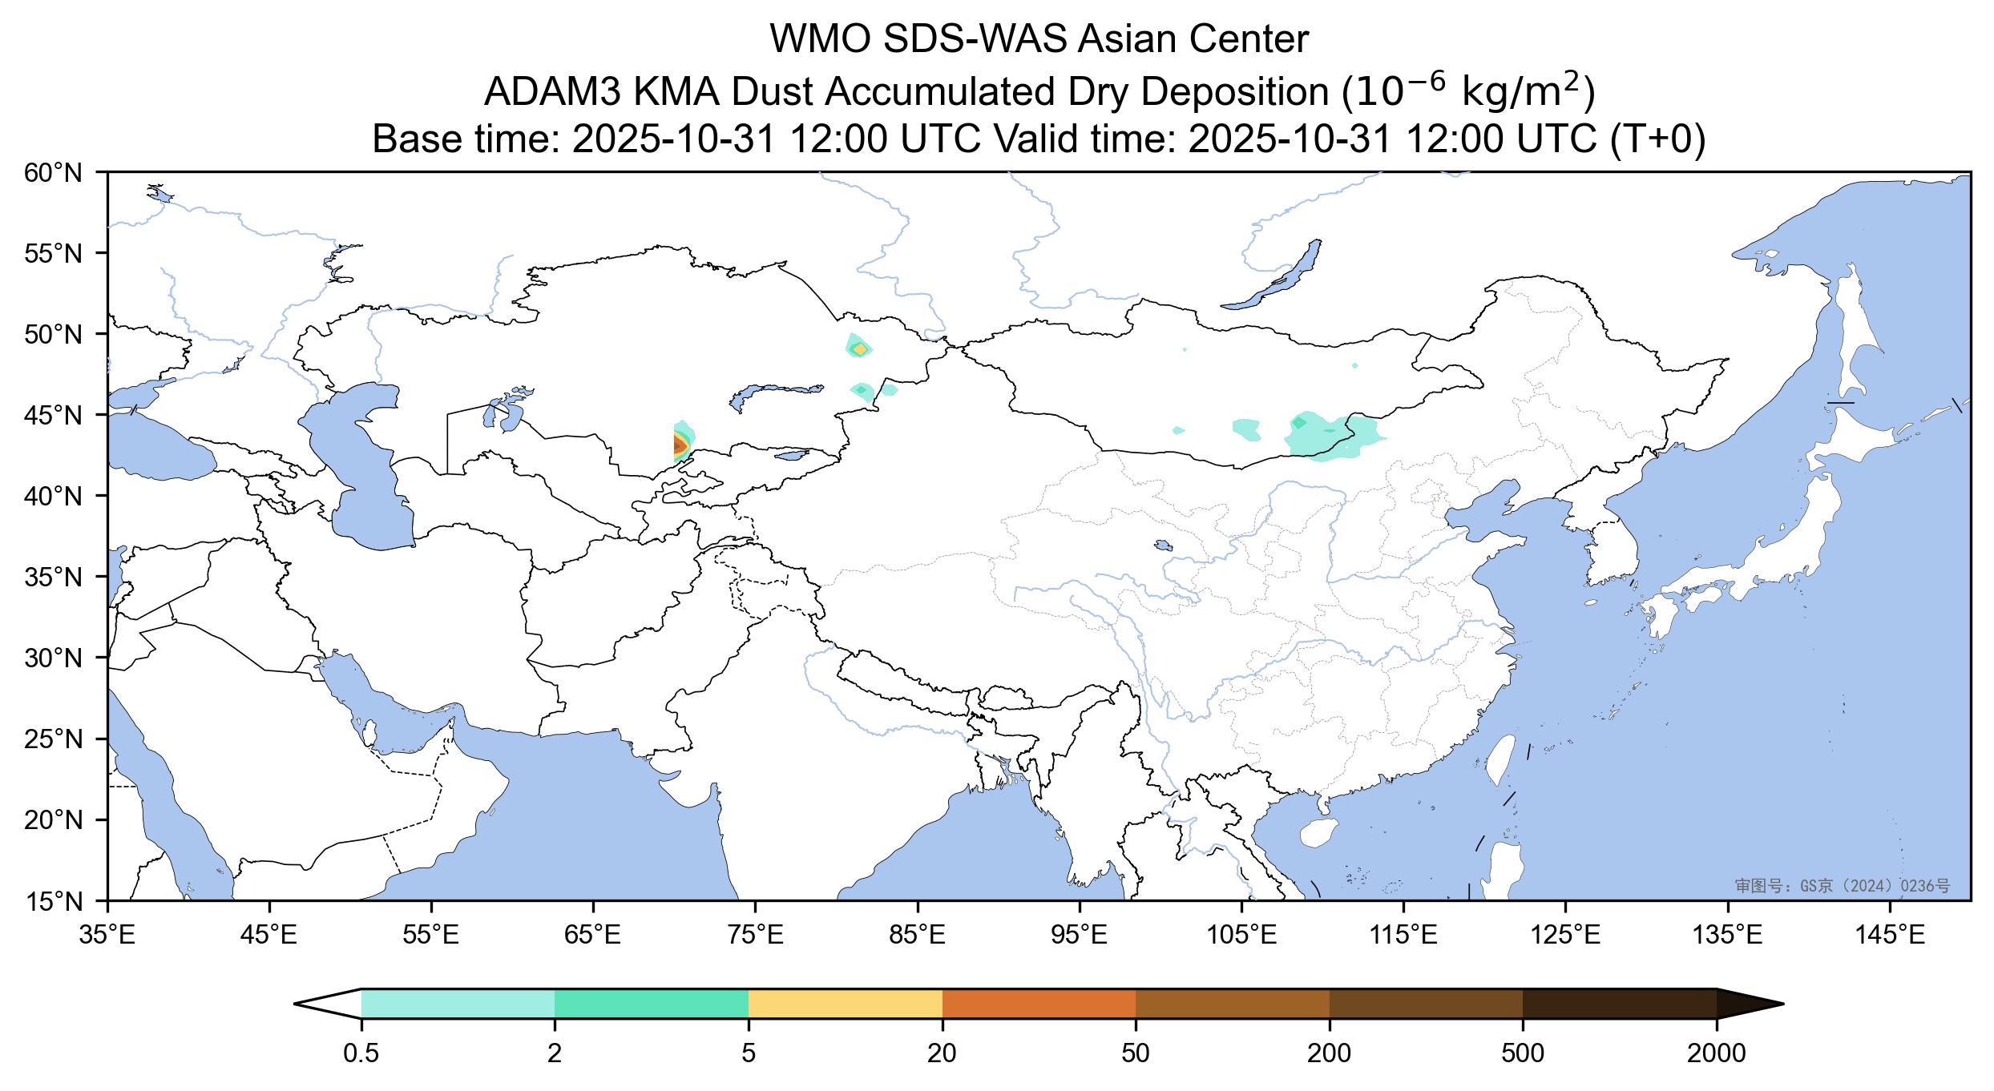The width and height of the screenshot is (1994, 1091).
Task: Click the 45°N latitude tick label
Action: click(54, 416)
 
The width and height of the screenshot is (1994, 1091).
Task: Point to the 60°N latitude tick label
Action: click(54, 172)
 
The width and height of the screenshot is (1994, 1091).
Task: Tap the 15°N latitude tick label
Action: click(54, 902)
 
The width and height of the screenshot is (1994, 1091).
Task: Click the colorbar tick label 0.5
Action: click(361, 1053)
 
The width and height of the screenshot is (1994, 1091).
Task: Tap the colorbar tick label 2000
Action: click(1717, 1053)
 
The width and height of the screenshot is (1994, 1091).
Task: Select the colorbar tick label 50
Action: click(1136, 1053)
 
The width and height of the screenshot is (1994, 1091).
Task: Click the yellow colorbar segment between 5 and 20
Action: click(845, 1004)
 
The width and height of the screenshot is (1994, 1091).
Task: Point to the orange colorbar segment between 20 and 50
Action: click(1039, 1004)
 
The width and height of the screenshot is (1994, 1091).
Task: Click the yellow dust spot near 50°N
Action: click(860, 349)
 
